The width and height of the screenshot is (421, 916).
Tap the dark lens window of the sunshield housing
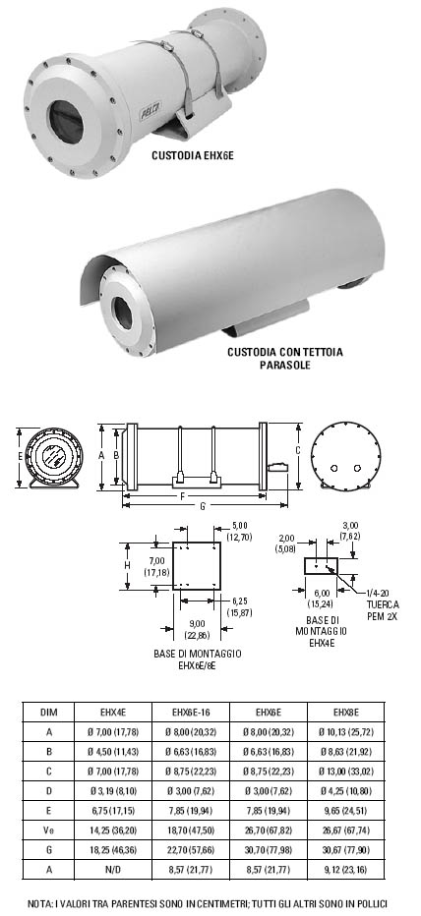(x=123, y=314)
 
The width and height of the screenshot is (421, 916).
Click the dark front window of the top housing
(x=65, y=122)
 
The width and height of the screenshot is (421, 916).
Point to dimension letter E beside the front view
(x=20, y=456)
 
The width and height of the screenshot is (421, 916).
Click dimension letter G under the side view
(x=203, y=506)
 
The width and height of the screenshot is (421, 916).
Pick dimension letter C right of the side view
(x=298, y=450)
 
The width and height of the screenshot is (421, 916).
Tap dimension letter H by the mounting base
(x=126, y=565)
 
